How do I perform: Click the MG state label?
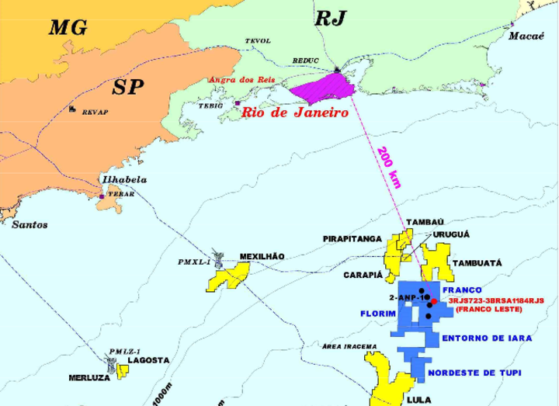(x=69, y=29)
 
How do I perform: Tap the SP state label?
(x=127, y=87)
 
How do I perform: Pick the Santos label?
(x=30, y=225)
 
